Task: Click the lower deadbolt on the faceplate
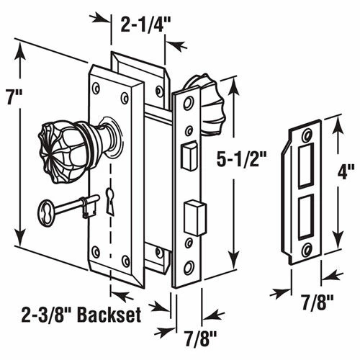tap(193, 214)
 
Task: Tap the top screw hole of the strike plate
tap(307, 135)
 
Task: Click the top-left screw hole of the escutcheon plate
tap(98, 90)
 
